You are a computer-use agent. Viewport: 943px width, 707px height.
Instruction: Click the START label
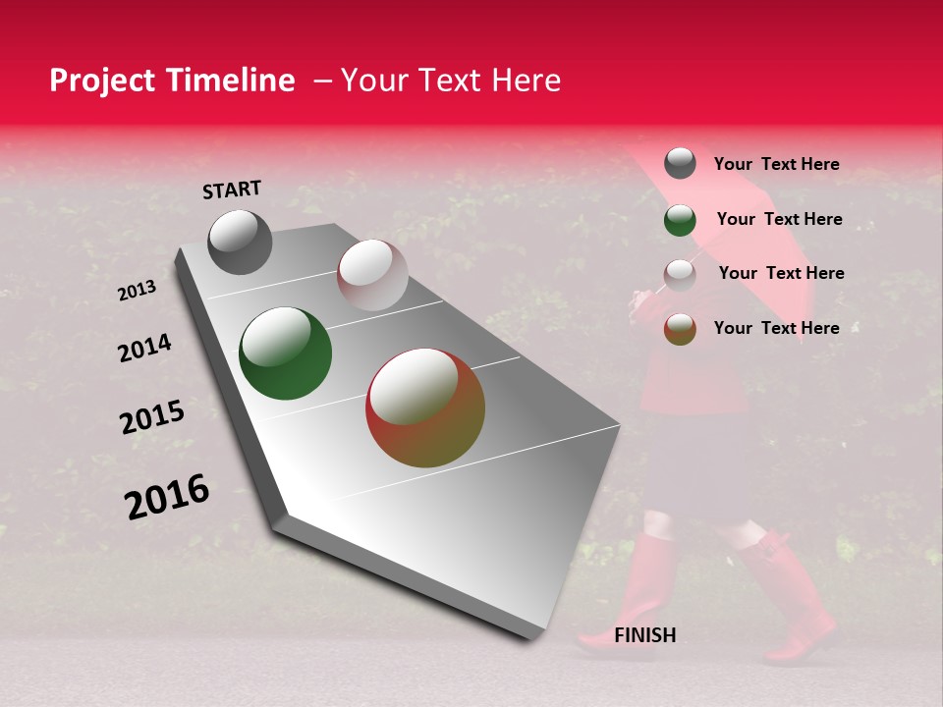[x=232, y=190]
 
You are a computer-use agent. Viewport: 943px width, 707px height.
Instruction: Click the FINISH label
[x=644, y=635]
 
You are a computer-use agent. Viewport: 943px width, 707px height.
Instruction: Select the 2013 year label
[x=137, y=291]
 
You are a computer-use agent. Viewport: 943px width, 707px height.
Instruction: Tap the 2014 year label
[x=144, y=349]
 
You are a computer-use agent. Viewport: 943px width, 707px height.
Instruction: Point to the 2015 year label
[x=152, y=417]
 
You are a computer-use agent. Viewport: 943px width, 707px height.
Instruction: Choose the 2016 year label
[x=167, y=496]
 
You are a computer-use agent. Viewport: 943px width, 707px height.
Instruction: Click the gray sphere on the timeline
[x=240, y=242]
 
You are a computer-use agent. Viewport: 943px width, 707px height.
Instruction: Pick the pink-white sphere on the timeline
[x=372, y=275]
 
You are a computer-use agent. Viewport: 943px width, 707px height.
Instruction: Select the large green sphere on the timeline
[x=286, y=353]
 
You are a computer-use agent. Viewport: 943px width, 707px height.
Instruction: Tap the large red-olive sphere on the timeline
[x=425, y=408]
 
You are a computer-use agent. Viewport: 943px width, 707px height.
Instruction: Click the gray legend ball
[x=680, y=163]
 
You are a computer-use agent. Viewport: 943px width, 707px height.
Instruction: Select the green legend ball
[x=680, y=220]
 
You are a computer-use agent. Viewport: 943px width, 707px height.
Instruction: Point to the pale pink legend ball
[x=680, y=275]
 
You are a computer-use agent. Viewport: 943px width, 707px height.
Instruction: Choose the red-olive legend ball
[x=680, y=329]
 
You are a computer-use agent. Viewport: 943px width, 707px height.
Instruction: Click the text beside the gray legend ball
[x=776, y=164]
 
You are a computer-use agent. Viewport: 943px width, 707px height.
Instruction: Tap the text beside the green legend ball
[x=779, y=219]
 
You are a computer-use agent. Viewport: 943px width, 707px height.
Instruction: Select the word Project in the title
[x=103, y=81]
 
